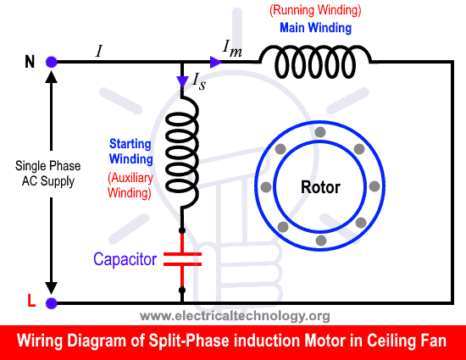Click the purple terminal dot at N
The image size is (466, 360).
[x=51, y=62]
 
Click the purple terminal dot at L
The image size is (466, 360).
[x=51, y=302]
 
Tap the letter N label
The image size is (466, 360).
[x=30, y=62]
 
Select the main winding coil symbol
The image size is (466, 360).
[x=314, y=61]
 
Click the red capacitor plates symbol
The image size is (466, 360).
[x=182, y=258]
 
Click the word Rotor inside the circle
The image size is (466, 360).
[x=320, y=186]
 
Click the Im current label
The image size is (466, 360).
[x=231, y=49]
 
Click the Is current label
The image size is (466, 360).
[x=198, y=81]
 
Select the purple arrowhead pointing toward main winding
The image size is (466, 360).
[x=215, y=62]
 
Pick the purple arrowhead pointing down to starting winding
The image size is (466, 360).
[x=182, y=80]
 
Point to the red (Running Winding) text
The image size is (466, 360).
[x=314, y=11]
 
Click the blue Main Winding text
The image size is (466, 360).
[x=314, y=27]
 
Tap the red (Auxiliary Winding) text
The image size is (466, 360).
[x=130, y=185]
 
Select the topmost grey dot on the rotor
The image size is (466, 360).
[x=319, y=133]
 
